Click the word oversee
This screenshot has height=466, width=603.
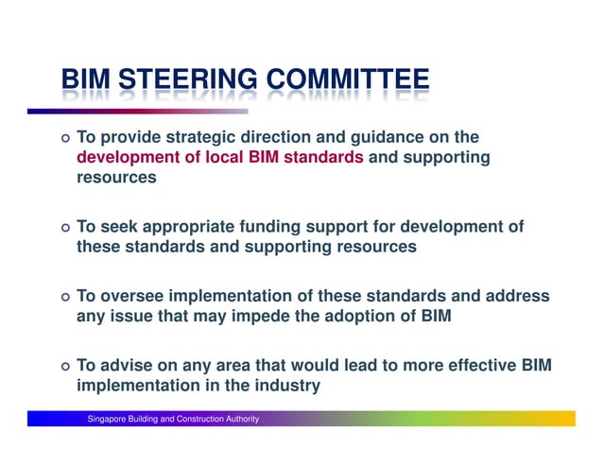click(x=133, y=297)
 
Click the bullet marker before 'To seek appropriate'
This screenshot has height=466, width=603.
click(x=63, y=229)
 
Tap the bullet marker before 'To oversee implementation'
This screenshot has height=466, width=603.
click(x=63, y=298)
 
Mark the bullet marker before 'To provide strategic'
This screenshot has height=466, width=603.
click(x=63, y=139)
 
